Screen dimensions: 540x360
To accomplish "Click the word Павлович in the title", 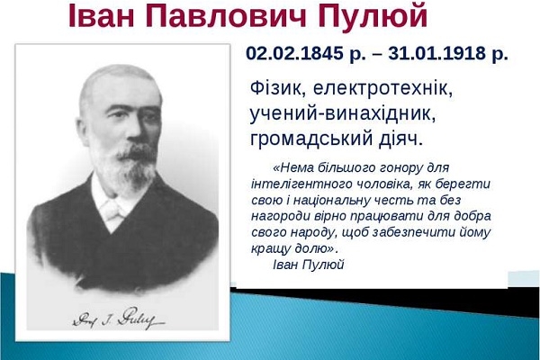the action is [x=226, y=16].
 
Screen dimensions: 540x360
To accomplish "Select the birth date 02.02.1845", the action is [x=294, y=53].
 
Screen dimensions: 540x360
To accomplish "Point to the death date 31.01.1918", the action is [x=436, y=53].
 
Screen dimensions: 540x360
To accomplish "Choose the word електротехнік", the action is [x=382, y=88].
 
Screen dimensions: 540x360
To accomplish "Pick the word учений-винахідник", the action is [x=343, y=113].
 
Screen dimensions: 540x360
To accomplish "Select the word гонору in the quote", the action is [x=400, y=168].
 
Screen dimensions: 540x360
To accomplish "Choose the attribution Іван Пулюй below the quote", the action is [x=309, y=265].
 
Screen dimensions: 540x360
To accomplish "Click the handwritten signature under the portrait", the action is [x=119, y=318].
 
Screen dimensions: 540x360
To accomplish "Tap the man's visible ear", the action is [x=83, y=130].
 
